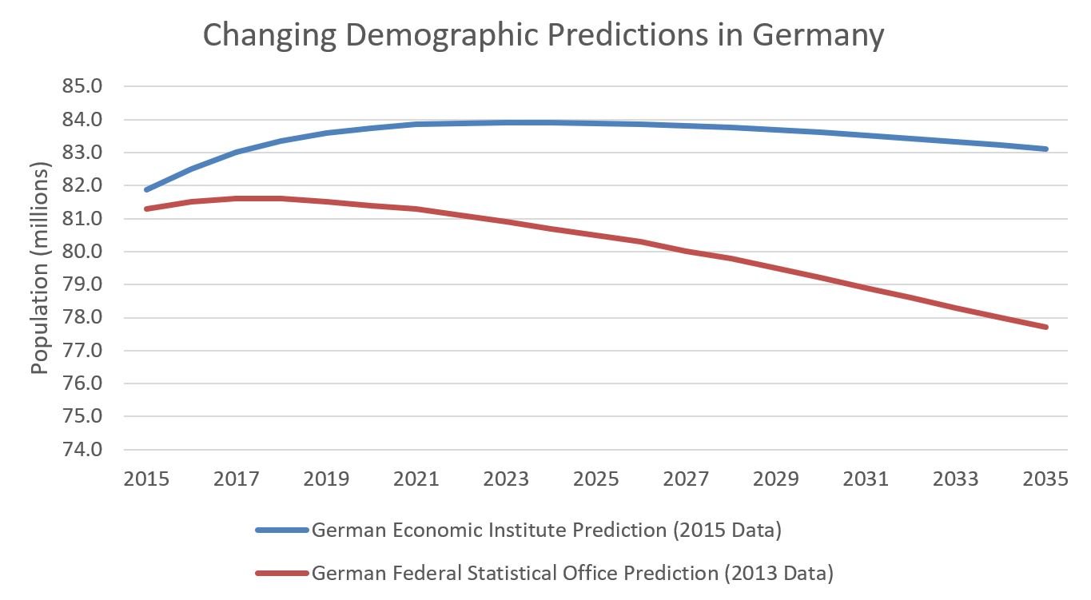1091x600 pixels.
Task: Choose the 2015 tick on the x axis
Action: (147, 479)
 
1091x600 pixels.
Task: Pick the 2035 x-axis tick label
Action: (1045, 479)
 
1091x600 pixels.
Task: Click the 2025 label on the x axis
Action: (596, 479)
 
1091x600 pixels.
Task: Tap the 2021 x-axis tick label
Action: (416, 479)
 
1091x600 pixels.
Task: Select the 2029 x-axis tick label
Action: (776, 479)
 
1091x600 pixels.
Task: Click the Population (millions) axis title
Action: (41, 267)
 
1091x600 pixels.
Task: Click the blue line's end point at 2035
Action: (1045, 149)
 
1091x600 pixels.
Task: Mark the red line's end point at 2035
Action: (1045, 327)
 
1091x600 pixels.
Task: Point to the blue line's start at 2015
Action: (147, 189)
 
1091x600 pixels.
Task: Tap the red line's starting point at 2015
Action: (147, 209)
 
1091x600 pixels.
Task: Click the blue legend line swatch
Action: (281, 530)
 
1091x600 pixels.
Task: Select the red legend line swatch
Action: (281, 573)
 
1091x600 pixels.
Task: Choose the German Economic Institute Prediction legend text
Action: (546, 530)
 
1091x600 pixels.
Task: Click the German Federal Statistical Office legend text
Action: (572, 573)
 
